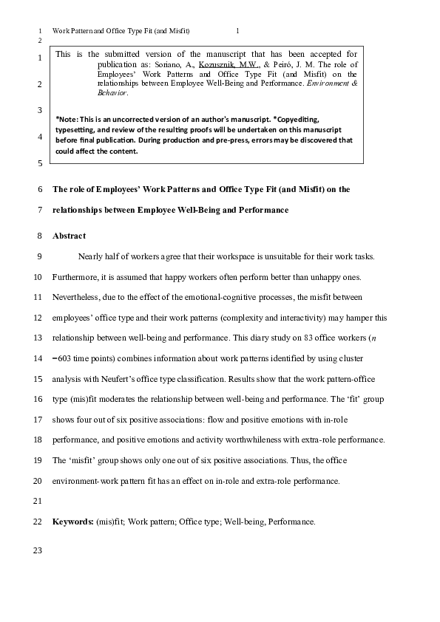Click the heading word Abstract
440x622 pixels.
click(x=69, y=236)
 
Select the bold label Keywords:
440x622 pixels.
click(x=72, y=522)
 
